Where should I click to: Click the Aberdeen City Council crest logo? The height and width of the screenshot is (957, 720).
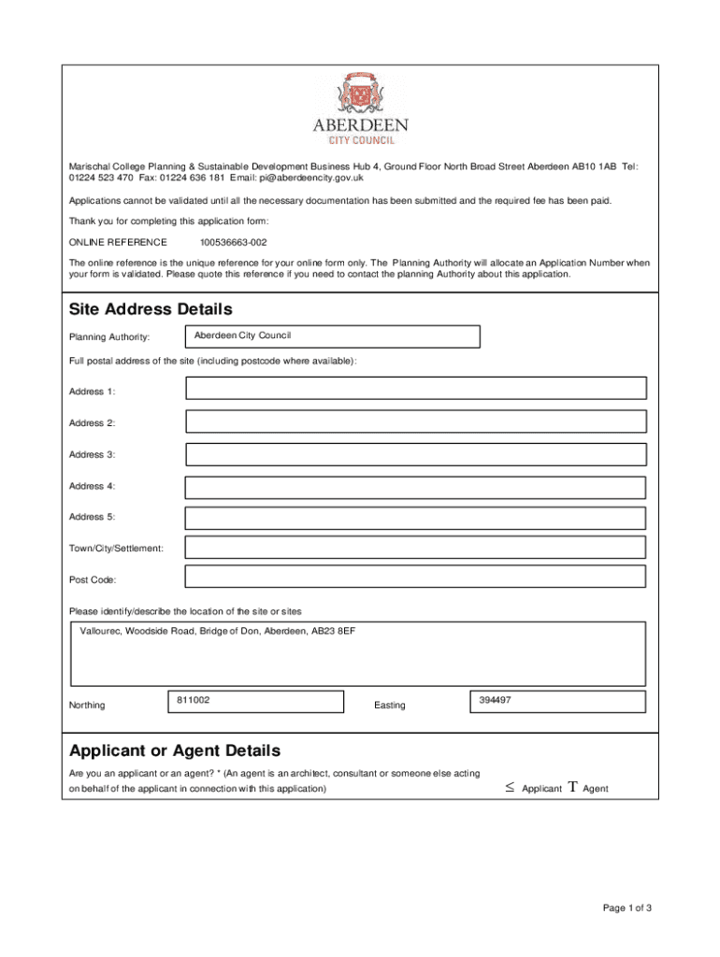pyautogui.click(x=359, y=96)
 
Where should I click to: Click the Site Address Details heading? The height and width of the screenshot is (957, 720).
pyautogui.click(x=151, y=309)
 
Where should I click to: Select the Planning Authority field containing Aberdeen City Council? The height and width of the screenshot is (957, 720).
pyautogui.click(x=333, y=336)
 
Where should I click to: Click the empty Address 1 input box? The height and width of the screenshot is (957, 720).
pyautogui.click(x=415, y=389)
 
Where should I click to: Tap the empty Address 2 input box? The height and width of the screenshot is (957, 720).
pyautogui.click(x=415, y=421)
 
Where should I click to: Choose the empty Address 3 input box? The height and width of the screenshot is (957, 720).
pyautogui.click(x=415, y=454)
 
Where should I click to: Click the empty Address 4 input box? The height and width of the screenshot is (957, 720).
pyautogui.click(x=415, y=487)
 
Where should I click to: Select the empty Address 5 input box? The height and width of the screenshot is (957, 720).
pyautogui.click(x=415, y=518)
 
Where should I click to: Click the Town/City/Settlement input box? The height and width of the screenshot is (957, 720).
pyautogui.click(x=415, y=548)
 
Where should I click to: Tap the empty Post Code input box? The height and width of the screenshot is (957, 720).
pyautogui.click(x=415, y=577)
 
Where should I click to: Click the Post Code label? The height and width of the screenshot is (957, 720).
pyautogui.click(x=93, y=579)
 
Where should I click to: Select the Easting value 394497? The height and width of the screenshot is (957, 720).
pyautogui.click(x=495, y=700)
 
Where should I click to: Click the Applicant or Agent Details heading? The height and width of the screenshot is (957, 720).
pyautogui.click(x=174, y=751)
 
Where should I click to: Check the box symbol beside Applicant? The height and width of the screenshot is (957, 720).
pyautogui.click(x=510, y=788)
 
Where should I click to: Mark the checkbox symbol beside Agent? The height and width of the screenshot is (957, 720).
pyautogui.click(x=572, y=788)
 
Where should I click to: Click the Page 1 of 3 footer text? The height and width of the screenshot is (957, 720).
pyautogui.click(x=626, y=908)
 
